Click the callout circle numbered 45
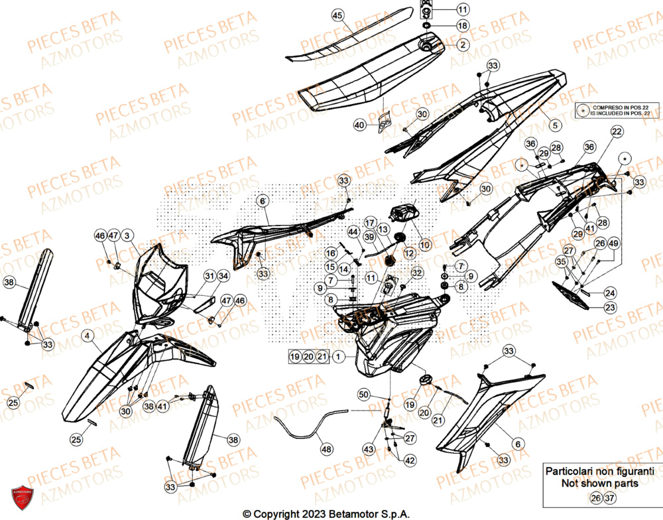[x=337, y=15]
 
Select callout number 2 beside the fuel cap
[x=462, y=44]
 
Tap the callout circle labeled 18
[x=462, y=26]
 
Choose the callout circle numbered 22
[x=616, y=133]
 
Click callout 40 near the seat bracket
[x=359, y=125]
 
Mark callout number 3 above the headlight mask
[x=127, y=235]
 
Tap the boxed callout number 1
[x=338, y=357]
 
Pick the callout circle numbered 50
[x=363, y=395]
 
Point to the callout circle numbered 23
[x=609, y=307]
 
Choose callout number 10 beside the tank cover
[x=425, y=245]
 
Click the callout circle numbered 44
[x=353, y=231]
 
